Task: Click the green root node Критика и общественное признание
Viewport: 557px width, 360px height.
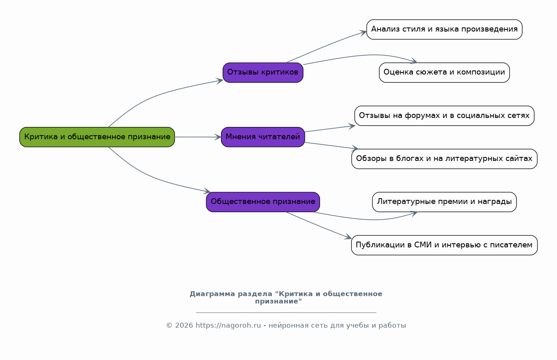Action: click(97, 137)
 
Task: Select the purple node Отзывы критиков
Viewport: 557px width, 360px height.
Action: click(263, 72)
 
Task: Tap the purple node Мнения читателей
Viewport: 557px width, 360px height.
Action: click(263, 137)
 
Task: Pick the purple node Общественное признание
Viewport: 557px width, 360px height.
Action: click(263, 202)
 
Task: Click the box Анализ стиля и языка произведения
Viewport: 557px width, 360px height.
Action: click(444, 29)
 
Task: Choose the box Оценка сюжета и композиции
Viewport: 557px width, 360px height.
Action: click(444, 72)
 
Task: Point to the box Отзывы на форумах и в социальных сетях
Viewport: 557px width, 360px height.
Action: click(444, 115)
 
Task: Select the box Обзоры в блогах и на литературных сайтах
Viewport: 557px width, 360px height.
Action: click(444, 159)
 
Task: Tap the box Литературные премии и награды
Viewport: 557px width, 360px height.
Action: click(444, 202)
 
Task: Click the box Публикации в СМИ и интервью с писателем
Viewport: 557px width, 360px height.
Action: click(444, 245)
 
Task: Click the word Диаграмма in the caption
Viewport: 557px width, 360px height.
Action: click(212, 294)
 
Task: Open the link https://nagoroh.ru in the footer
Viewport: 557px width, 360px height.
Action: click(228, 326)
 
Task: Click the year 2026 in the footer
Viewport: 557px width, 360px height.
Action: click(184, 326)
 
